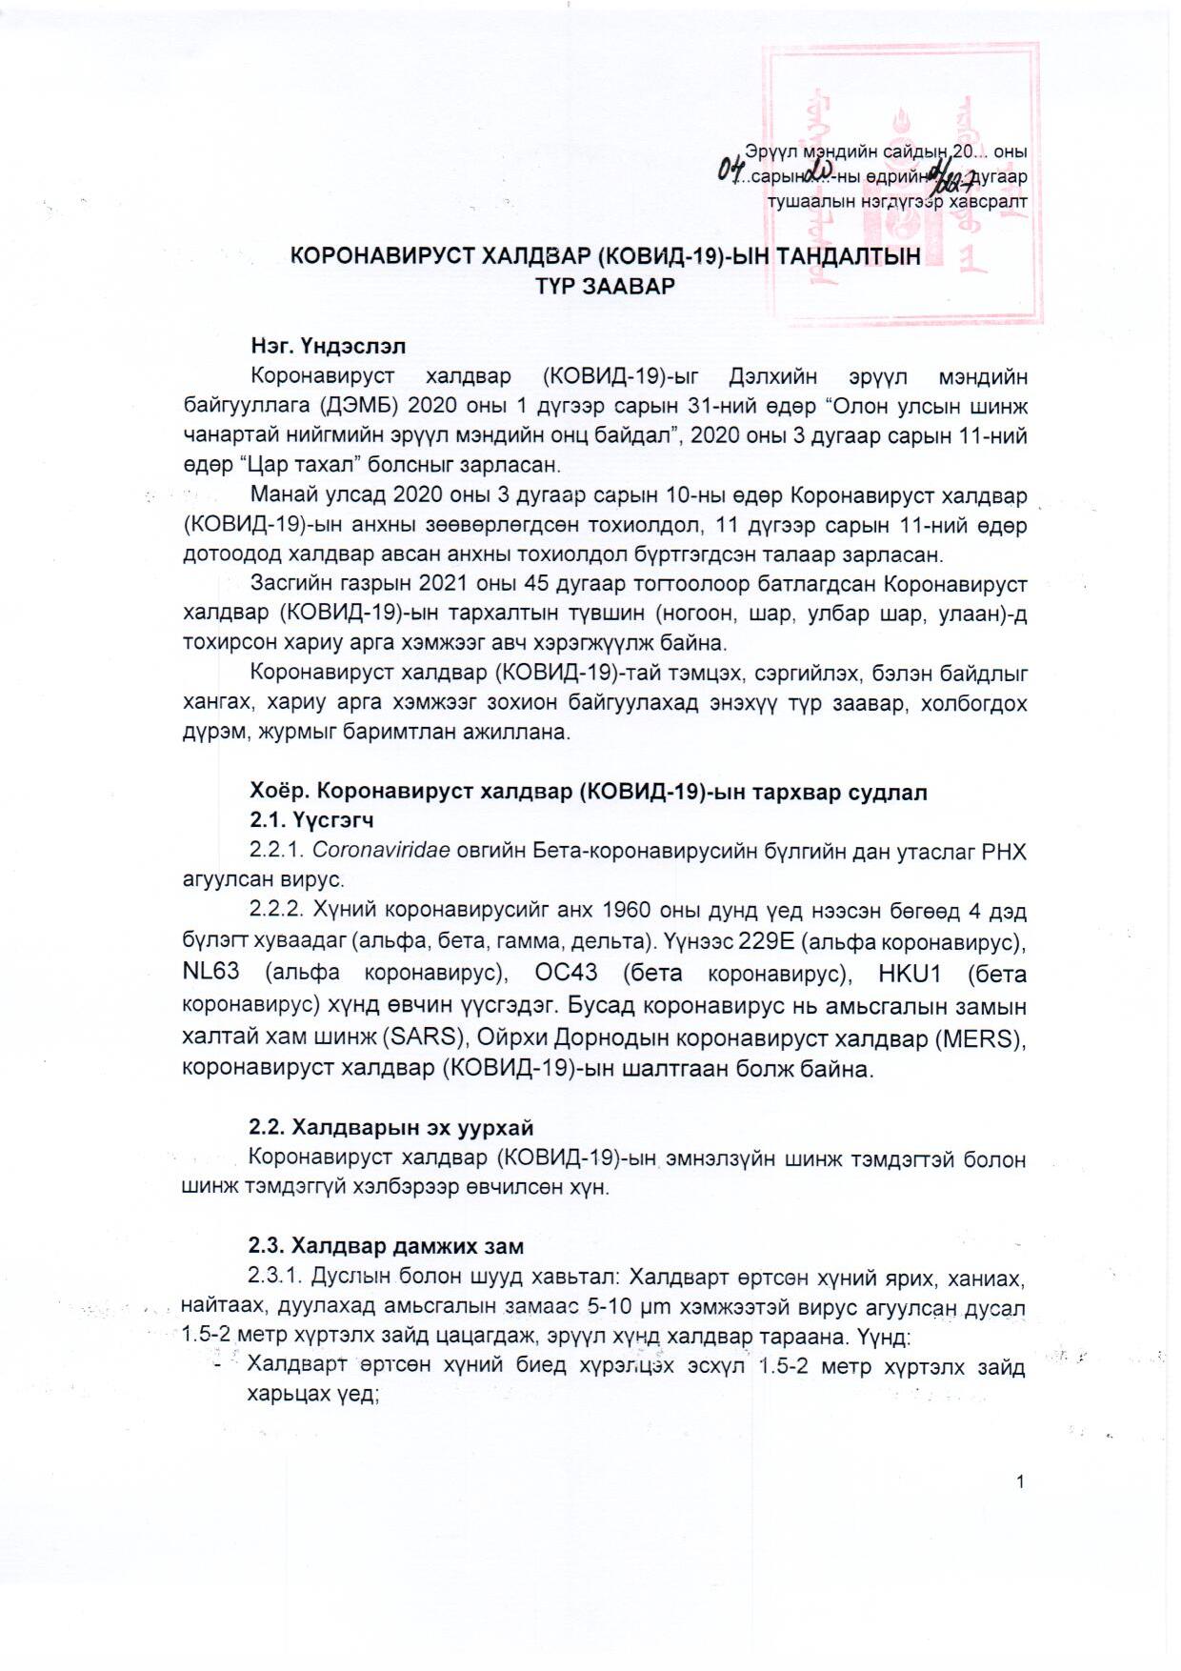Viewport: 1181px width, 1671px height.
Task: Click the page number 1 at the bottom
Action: tap(1020, 1481)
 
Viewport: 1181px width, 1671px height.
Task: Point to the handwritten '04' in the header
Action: tap(731, 171)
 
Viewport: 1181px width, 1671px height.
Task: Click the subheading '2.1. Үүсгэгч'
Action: tap(310, 819)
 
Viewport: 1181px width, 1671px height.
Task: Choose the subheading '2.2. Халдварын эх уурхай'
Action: tap(390, 1127)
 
